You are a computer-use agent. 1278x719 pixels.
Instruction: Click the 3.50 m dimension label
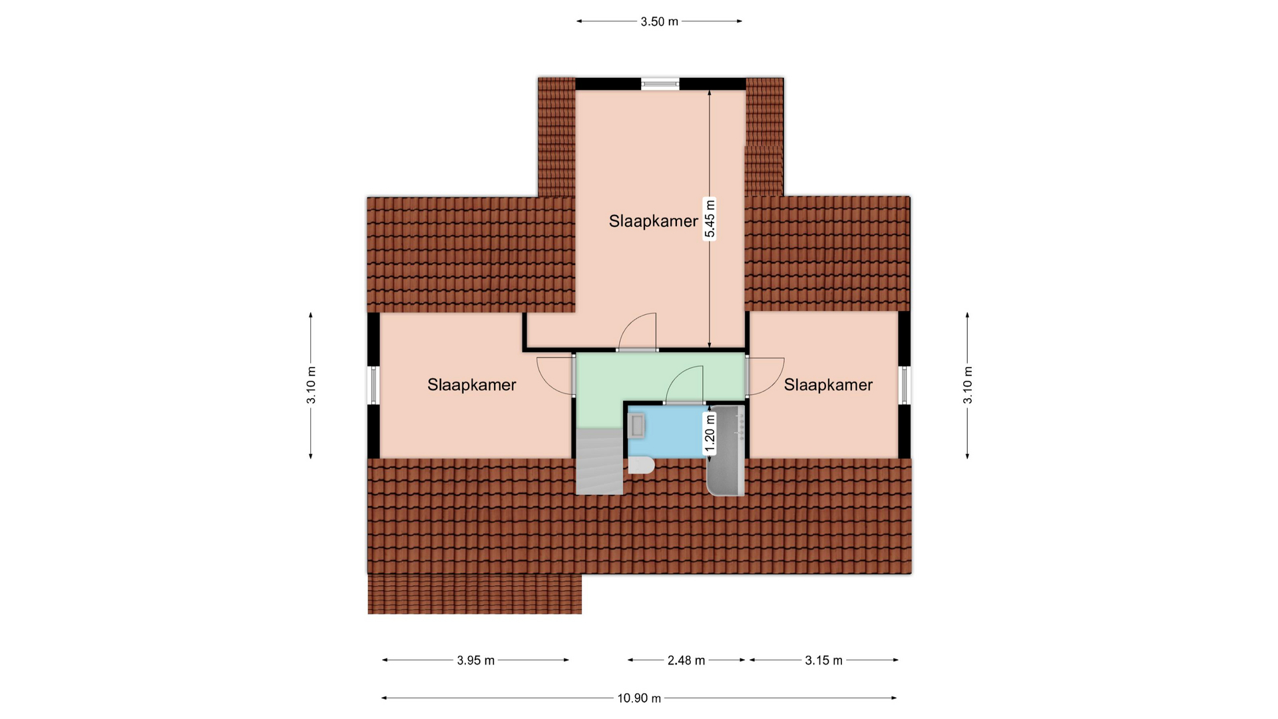(x=659, y=21)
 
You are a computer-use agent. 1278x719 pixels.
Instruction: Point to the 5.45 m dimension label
(x=710, y=218)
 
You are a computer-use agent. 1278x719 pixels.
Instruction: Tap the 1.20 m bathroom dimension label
(x=710, y=433)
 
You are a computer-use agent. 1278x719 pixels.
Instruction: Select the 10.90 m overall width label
(x=639, y=698)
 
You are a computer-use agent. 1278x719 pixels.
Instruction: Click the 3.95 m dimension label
(x=476, y=660)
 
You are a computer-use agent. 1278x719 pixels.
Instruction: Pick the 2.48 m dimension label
(x=686, y=660)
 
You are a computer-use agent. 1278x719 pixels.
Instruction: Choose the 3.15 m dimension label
(x=824, y=660)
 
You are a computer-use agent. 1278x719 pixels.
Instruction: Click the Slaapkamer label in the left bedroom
(x=472, y=385)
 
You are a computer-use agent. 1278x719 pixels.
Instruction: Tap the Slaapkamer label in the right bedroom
(x=828, y=385)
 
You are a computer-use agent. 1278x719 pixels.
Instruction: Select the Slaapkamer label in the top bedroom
(x=654, y=221)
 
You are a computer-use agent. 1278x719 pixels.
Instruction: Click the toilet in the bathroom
(x=641, y=465)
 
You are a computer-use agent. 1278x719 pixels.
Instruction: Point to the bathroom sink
(x=637, y=425)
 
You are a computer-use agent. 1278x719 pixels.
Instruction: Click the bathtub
(x=726, y=450)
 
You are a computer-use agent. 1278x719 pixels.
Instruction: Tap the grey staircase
(x=599, y=461)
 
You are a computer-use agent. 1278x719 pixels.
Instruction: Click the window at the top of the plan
(x=660, y=84)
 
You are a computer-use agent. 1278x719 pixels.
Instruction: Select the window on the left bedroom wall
(x=373, y=385)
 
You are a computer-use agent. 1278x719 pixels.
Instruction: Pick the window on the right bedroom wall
(x=904, y=385)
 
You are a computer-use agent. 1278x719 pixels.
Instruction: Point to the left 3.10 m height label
(x=311, y=385)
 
